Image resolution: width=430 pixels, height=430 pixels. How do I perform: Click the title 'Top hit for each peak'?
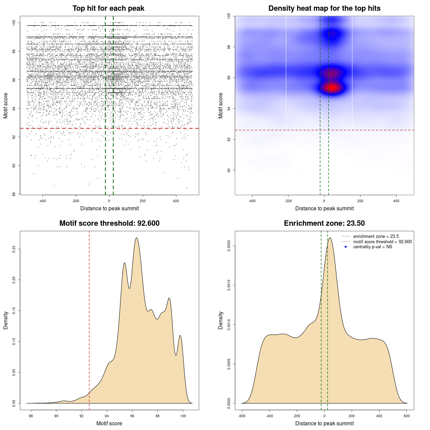(x=109, y=8)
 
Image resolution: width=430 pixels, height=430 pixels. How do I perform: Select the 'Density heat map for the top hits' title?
(x=324, y=8)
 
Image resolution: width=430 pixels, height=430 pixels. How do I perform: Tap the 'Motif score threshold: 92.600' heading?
(x=109, y=223)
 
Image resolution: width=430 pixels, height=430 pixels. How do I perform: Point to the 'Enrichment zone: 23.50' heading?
(x=324, y=223)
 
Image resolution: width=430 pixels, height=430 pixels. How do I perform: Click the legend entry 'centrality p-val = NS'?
(x=373, y=247)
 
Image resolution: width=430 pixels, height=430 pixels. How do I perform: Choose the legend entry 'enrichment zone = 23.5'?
(x=376, y=236)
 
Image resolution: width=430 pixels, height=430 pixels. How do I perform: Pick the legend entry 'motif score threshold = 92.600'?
(x=382, y=242)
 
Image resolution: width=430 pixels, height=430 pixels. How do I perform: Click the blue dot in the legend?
(x=346, y=247)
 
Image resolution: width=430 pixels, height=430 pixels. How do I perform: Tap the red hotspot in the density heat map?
(x=332, y=88)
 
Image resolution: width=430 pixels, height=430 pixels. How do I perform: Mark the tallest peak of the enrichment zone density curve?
(x=330, y=238)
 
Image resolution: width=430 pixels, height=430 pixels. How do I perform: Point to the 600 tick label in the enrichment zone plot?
(x=407, y=416)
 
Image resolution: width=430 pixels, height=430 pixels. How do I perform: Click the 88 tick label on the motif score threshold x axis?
(x=31, y=416)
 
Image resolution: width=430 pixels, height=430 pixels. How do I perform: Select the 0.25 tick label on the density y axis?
(x=14, y=249)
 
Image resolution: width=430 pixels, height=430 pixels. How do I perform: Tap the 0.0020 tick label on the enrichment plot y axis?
(x=229, y=246)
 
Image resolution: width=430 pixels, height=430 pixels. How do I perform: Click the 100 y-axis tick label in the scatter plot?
(x=14, y=23)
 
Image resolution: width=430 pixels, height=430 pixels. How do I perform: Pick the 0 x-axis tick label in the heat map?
(x=324, y=201)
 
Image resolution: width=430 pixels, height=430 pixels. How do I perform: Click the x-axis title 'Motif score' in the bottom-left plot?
(x=109, y=423)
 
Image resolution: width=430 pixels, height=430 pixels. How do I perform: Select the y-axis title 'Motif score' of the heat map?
(x=221, y=105)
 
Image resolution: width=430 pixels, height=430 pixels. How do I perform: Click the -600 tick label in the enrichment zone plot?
(x=242, y=416)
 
